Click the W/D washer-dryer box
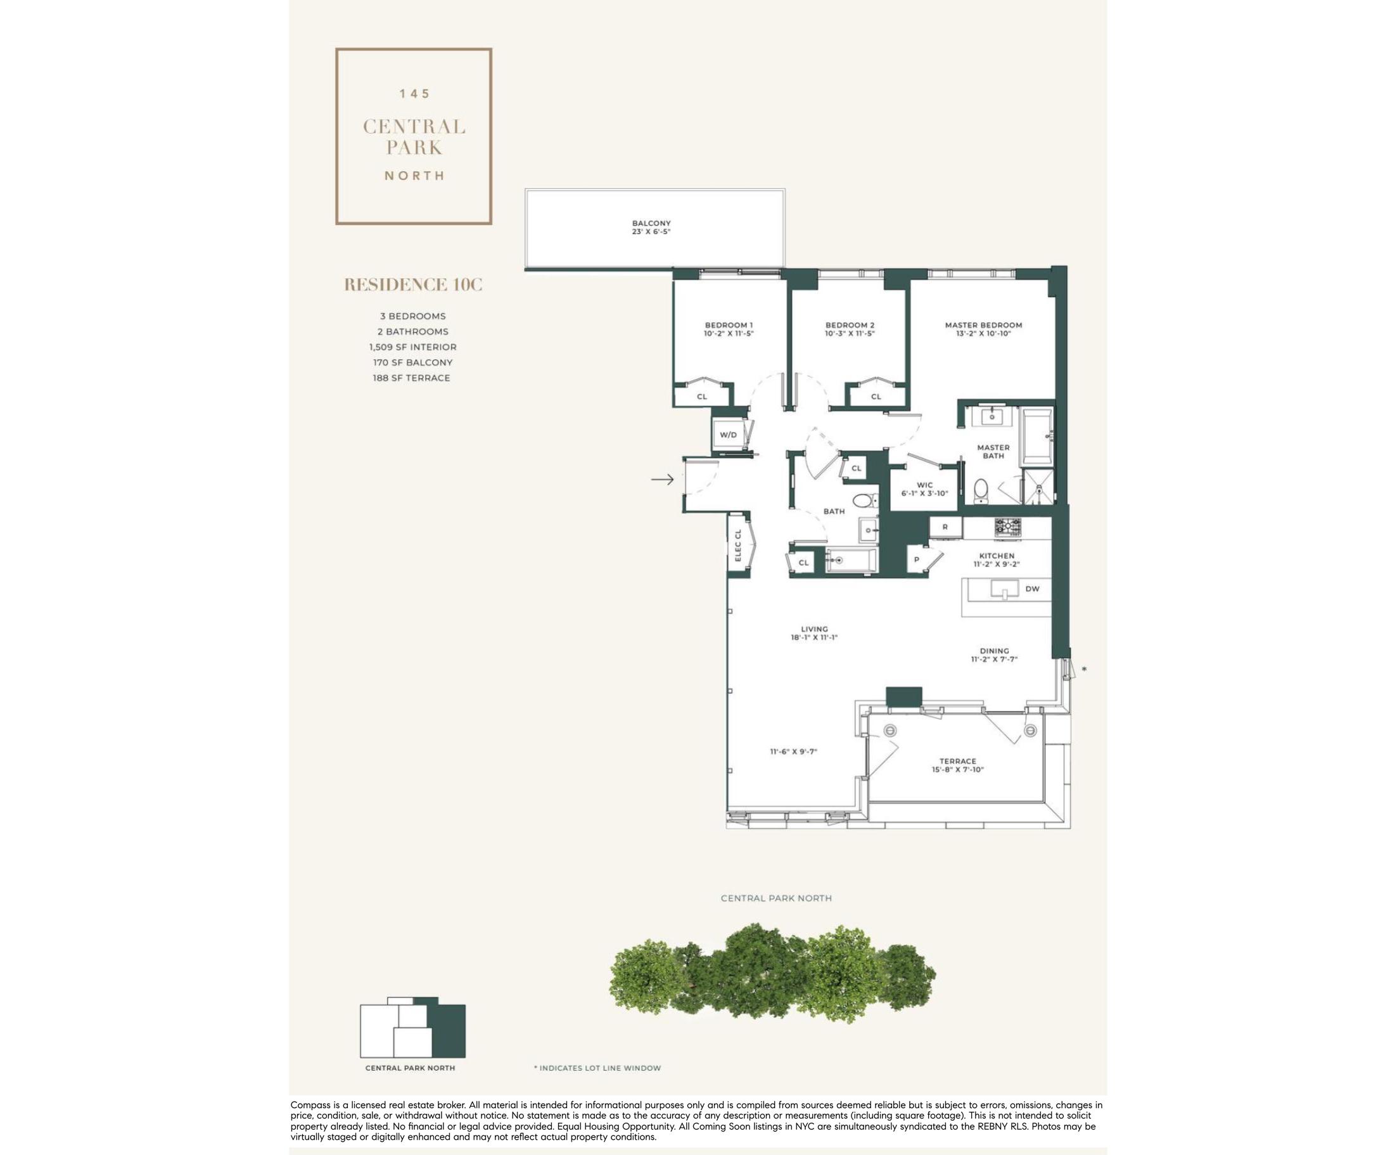728,435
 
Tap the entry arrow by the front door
663,479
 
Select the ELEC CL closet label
738,546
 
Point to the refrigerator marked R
945,528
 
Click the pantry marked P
917,559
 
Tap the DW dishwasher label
1032,589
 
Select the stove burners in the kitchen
1007,527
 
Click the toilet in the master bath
981,490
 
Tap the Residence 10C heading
413,284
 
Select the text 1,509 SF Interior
413,347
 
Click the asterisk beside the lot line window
1083,669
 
